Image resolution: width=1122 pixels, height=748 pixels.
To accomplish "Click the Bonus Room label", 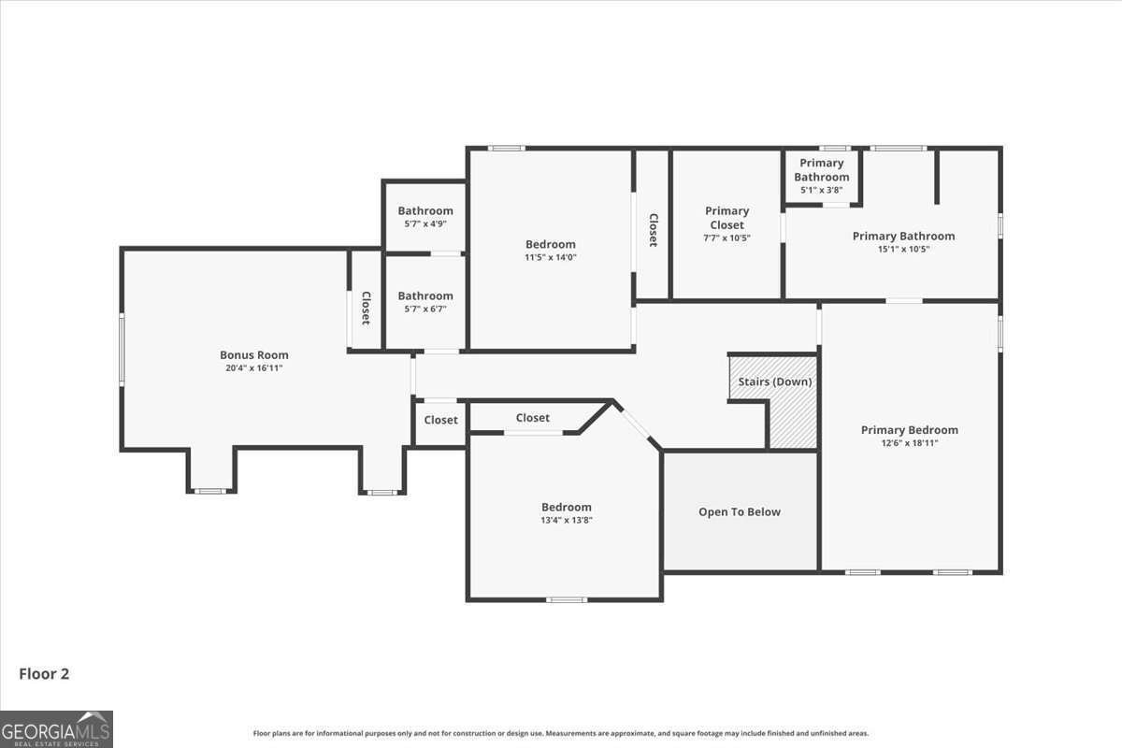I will [253, 354].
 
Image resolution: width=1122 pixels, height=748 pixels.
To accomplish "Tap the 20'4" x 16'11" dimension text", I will [253, 368].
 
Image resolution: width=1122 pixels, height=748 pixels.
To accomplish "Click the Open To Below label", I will [739, 511].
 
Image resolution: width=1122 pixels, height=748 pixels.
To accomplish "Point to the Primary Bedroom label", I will [909, 430].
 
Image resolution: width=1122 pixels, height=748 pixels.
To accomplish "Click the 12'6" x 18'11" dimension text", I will [909, 443].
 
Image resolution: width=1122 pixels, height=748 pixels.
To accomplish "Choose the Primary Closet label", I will [726, 218].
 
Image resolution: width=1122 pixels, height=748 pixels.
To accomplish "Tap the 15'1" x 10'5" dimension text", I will [903, 250].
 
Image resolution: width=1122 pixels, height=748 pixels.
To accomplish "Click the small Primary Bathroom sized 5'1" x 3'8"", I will [822, 175].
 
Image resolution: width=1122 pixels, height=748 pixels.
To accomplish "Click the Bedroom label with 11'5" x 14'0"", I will [550, 244].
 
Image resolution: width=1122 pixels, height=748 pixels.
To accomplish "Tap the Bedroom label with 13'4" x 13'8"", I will [566, 507].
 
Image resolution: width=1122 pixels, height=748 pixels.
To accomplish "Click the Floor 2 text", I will [44, 673].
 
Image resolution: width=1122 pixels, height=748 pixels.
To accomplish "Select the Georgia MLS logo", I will [56, 728].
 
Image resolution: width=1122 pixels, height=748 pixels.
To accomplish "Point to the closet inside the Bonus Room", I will [366, 308].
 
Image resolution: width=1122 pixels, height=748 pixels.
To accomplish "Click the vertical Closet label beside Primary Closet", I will [653, 230].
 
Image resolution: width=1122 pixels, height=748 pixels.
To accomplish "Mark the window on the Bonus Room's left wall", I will [122, 349].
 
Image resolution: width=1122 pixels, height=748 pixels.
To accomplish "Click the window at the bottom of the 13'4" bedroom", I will [567, 599].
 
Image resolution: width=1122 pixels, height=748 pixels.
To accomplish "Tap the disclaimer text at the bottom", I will [561, 733].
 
